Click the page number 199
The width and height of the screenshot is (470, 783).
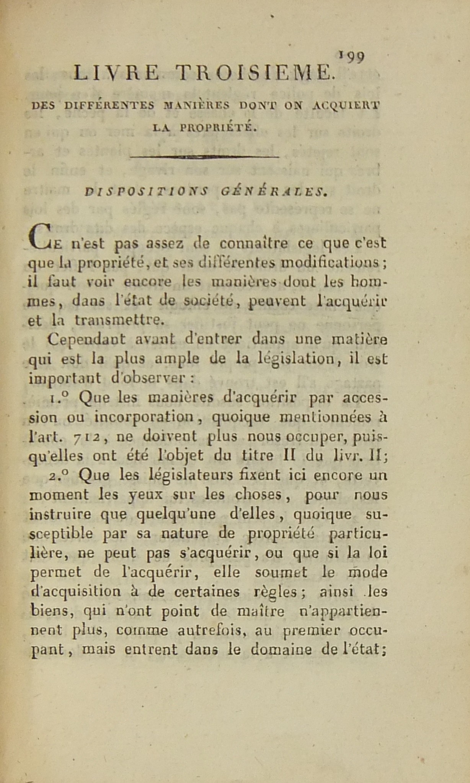352,57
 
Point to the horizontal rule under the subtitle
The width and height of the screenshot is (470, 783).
205,157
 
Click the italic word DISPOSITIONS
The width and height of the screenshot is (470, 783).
146,192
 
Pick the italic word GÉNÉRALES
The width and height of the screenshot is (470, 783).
274,192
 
